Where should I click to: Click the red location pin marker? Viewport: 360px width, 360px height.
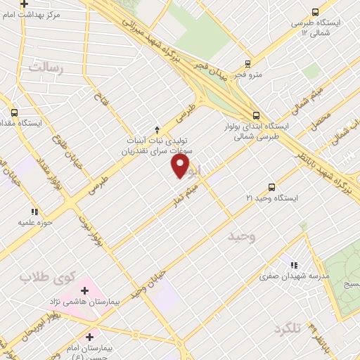(x=181, y=166)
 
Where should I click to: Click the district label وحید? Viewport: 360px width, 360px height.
(x=245, y=237)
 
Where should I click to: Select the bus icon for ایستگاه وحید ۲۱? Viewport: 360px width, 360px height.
(x=271, y=187)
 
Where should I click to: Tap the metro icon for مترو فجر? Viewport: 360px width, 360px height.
(x=247, y=63)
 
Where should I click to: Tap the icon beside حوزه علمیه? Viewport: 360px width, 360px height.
(x=34, y=211)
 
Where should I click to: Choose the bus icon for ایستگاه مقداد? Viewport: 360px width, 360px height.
(x=14, y=112)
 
